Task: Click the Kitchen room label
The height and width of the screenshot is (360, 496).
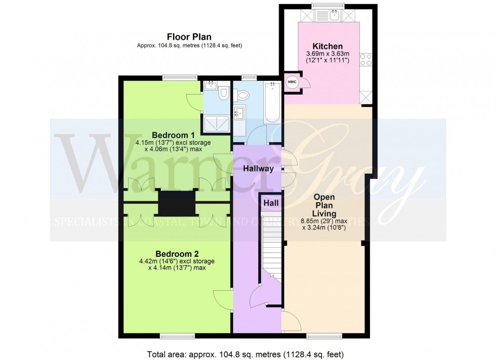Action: (x=327, y=46)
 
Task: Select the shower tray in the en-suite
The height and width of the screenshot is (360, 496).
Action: (x=217, y=120)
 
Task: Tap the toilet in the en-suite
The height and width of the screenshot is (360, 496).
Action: (x=224, y=93)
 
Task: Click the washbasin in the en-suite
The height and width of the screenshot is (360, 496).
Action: (x=210, y=86)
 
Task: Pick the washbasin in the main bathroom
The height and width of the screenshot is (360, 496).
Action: (x=239, y=112)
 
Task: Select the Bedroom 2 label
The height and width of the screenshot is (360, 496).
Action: (x=177, y=254)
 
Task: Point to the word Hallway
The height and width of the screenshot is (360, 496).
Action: (x=258, y=169)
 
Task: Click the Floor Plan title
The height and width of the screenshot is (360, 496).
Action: (x=189, y=37)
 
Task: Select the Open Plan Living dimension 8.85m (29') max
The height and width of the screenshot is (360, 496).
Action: (x=327, y=221)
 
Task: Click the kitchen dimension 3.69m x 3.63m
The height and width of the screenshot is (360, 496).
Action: (x=327, y=54)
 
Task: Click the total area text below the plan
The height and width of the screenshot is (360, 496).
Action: (x=247, y=353)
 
